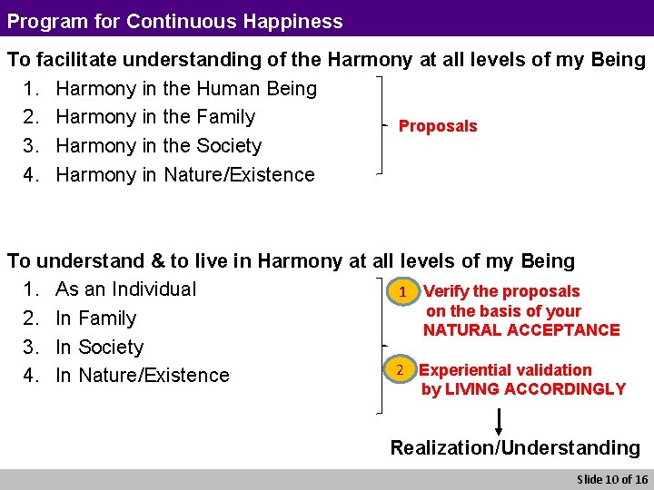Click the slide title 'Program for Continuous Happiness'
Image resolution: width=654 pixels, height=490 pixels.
coord(175,21)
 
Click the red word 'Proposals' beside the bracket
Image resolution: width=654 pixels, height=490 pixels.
coord(438,126)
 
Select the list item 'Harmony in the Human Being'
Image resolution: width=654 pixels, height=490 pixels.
coord(185,89)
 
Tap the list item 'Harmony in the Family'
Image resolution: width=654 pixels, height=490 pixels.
coord(154,117)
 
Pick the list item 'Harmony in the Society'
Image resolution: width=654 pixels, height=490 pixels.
coord(158,146)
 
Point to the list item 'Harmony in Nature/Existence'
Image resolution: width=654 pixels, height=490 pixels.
coord(184,175)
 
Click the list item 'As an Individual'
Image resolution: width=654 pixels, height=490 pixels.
coord(125,289)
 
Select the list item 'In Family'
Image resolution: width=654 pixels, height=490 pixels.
coord(95,318)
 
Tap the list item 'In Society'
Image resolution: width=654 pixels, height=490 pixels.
coord(99,348)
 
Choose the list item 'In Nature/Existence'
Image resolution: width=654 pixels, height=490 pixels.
coord(142,376)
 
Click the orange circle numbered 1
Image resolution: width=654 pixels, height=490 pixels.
coord(401,292)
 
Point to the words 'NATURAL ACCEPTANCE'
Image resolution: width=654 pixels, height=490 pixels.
coord(521,330)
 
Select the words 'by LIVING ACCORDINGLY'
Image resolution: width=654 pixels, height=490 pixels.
coord(523,389)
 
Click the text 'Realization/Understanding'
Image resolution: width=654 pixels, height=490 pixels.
coord(515,447)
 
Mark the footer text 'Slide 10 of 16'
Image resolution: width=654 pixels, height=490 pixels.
coord(611,479)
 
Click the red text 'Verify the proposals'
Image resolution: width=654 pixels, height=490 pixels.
coord(501,291)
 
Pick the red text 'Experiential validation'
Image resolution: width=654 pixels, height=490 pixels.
coord(505,370)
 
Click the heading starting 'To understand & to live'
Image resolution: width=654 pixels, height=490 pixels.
coord(291,261)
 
